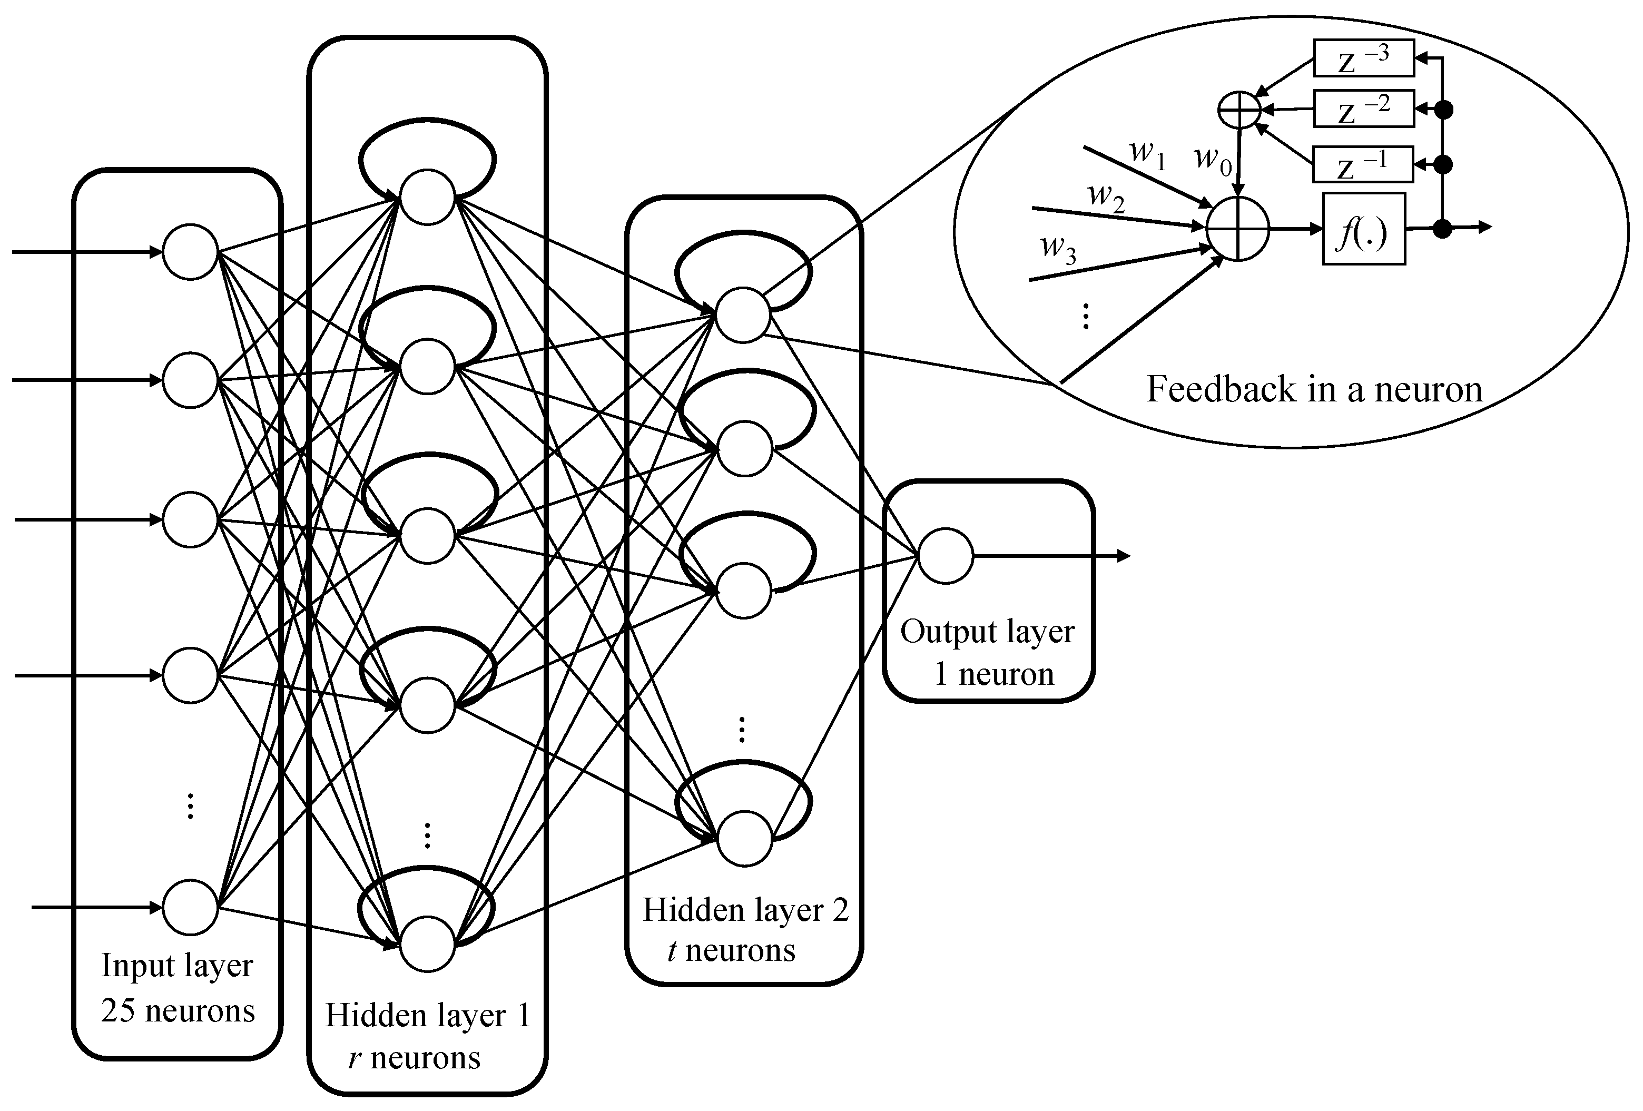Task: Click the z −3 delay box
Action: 1363,58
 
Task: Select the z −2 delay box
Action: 1363,109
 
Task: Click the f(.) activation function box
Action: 1363,229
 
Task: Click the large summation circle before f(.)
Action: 1237,229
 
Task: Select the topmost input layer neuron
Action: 190,252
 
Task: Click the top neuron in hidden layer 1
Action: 427,198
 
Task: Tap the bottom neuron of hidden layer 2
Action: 744,839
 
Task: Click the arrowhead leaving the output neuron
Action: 1124,557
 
